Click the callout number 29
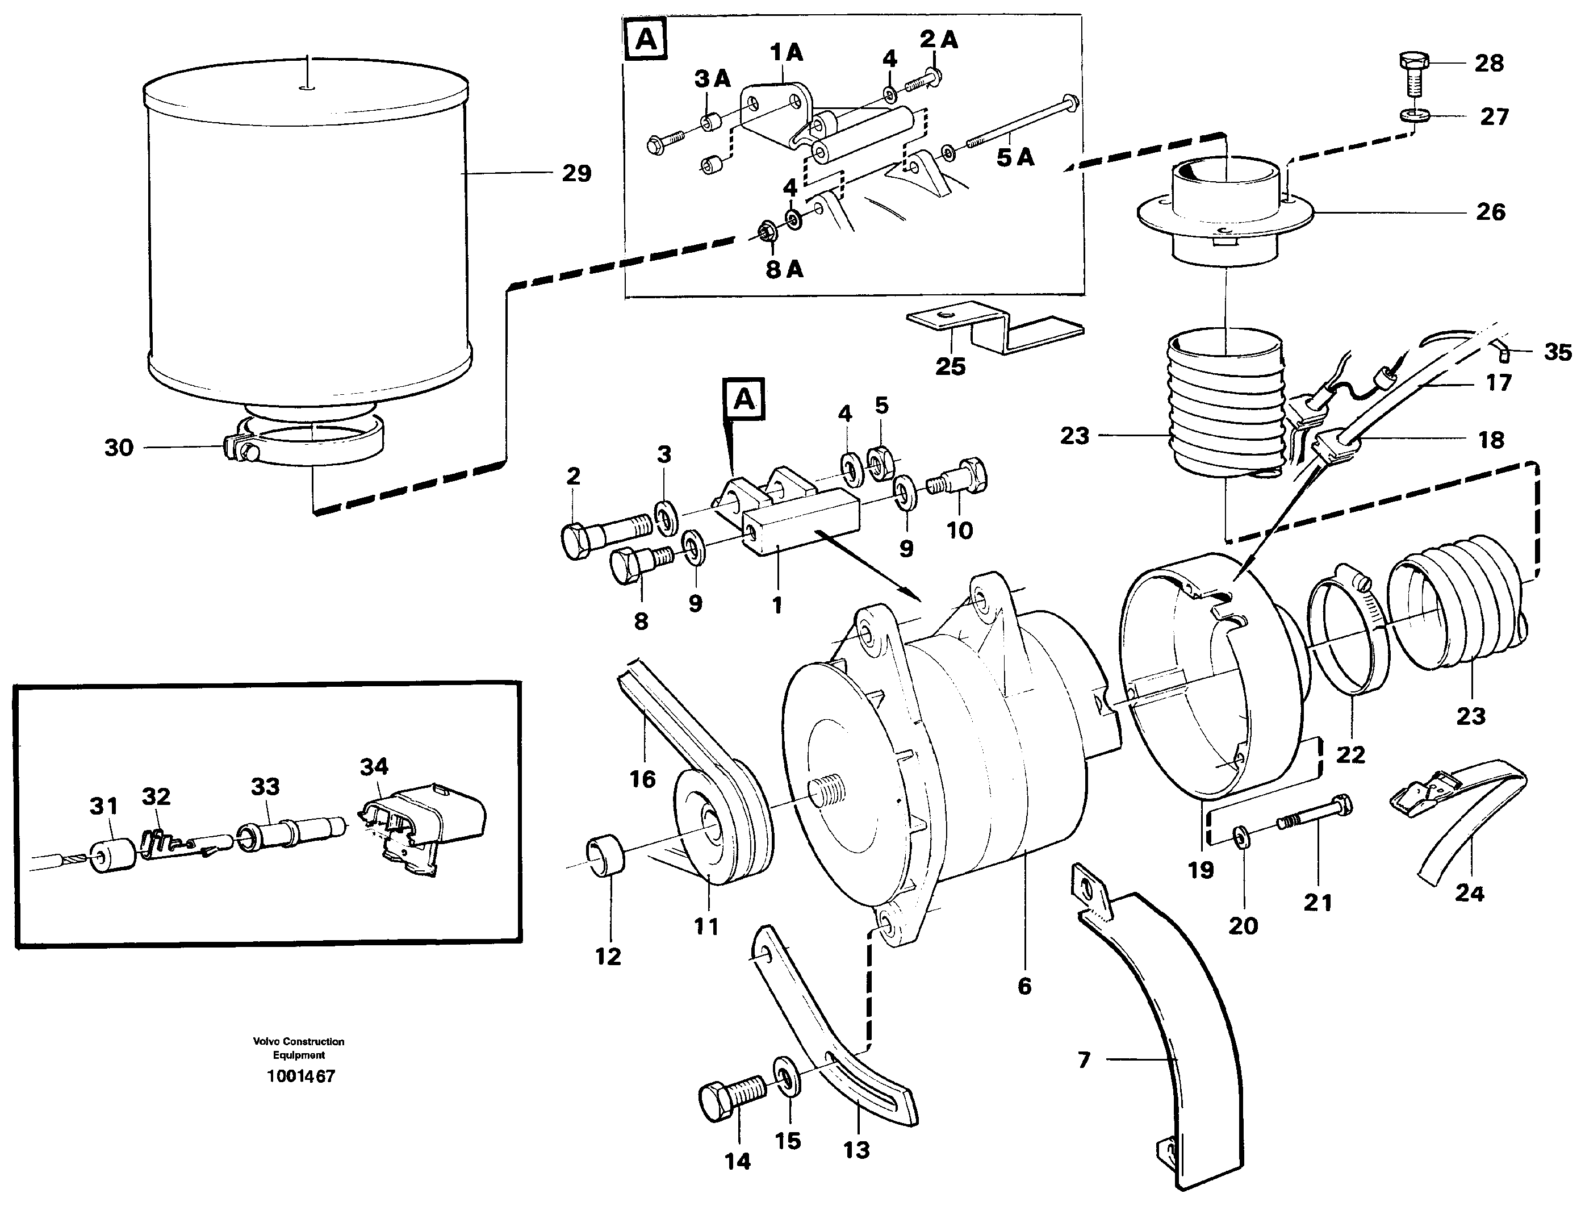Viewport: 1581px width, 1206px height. coord(576,174)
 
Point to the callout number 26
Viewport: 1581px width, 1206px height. coord(1490,212)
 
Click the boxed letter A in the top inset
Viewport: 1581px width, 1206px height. coord(647,40)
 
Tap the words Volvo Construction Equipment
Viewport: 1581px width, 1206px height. coord(299,1048)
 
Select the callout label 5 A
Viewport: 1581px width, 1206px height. coord(1015,157)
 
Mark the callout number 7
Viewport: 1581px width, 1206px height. coord(1084,1059)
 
